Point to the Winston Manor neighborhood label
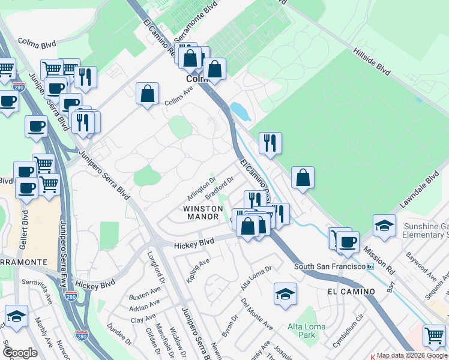click(x=203, y=213)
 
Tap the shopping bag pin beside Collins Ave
click(x=147, y=94)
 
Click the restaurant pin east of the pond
click(x=270, y=143)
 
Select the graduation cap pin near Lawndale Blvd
click(x=384, y=226)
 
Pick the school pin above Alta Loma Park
click(x=286, y=293)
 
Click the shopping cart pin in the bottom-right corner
click(x=434, y=335)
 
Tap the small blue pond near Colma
click(x=239, y=111)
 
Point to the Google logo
click(x=19, y=352)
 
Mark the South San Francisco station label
click(x=330, y=266)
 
